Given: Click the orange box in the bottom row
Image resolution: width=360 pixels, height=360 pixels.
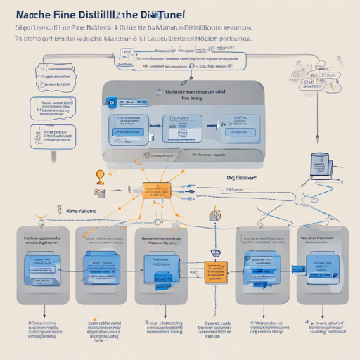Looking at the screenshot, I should (x=216, y=269).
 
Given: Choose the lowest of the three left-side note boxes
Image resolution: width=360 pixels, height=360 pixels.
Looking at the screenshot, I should (x=53, y=136).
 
